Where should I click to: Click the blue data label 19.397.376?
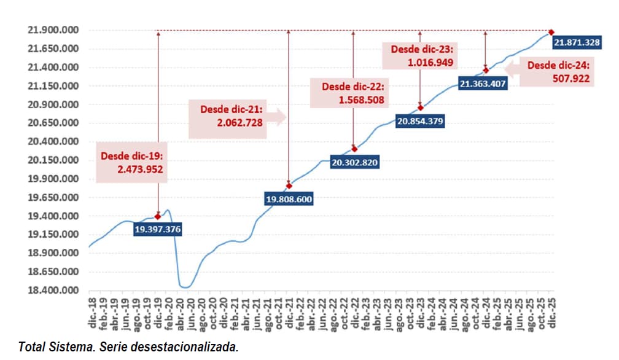158,229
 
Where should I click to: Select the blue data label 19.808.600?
289,198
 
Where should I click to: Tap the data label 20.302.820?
354,163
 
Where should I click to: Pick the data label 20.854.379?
420,121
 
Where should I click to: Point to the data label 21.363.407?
483,84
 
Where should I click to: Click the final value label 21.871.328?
577,42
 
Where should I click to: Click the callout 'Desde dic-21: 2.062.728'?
232,115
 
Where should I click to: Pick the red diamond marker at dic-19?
158,216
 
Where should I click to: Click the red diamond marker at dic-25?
551,32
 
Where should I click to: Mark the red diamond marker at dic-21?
289,186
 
